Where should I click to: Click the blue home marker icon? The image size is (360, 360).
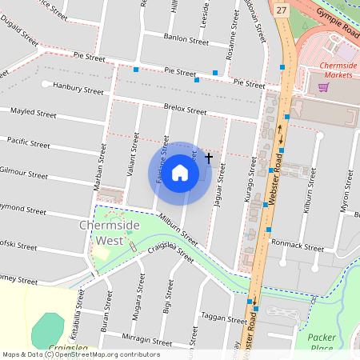click(180, 173)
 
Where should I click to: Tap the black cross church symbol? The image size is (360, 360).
click(209, 158)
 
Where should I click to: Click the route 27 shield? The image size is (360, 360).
click(281, 9)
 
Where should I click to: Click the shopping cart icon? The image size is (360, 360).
click(324, 87)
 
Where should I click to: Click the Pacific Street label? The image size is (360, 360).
click(28, 143)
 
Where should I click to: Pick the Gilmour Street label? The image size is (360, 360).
click(23, 172)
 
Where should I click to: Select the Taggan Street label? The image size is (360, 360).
click(224, 318)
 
